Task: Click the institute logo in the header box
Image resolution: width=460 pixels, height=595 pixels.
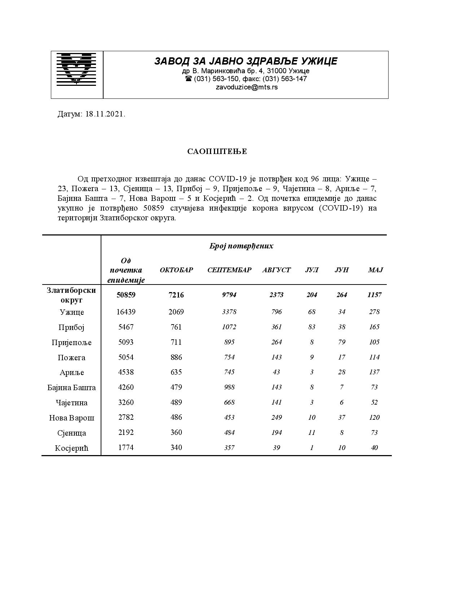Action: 76,69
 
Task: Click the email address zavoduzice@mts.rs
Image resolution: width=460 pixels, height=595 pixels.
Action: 247,87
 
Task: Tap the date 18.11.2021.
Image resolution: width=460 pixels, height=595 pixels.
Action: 105,114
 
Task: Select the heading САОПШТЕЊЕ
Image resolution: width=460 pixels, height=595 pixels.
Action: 217,151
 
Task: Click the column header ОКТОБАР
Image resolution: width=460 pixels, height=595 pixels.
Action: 176,270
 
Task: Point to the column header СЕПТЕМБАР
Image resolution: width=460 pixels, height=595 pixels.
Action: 229,270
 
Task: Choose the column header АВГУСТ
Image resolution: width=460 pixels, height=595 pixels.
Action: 276,270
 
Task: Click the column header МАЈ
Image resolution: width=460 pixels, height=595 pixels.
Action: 375,270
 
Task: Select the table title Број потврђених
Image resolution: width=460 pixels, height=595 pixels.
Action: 241,246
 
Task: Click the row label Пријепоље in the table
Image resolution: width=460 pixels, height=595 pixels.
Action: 72,343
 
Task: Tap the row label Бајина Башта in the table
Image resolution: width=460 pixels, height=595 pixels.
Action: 72,388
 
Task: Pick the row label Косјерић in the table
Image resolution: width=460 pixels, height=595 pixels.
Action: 72,448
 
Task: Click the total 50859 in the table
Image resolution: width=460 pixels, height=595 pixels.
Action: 126,295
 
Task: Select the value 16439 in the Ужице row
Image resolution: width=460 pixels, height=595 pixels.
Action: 126,312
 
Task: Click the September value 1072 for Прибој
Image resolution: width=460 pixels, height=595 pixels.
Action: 229,327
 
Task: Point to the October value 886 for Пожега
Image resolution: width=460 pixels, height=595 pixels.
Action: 176,357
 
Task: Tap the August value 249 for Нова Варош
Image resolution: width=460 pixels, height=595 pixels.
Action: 276,418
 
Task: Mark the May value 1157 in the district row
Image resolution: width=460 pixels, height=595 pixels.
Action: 374,295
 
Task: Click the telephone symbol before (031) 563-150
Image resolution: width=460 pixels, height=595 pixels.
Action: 188,79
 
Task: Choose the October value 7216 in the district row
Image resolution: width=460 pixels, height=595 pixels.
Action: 176,295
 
